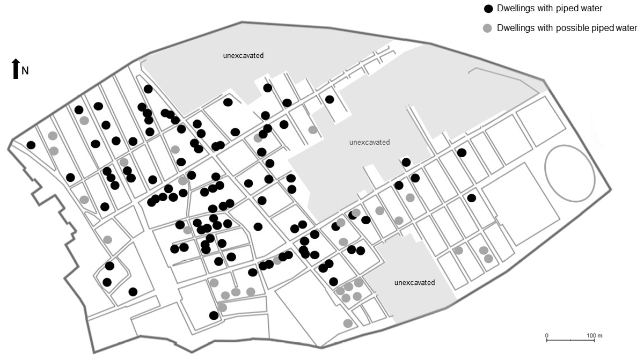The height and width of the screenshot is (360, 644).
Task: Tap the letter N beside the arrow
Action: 25,71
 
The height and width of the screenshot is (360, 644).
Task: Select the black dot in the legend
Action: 488,9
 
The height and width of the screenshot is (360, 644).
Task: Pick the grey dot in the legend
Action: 488,28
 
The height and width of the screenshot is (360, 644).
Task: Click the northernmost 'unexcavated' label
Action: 244,55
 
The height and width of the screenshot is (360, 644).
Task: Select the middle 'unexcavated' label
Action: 369,142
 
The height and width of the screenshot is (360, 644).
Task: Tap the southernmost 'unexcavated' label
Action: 414,282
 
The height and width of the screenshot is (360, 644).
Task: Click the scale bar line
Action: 569,340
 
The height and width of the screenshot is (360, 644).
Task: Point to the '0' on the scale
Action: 547,335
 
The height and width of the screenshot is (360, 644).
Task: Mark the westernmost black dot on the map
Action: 31,145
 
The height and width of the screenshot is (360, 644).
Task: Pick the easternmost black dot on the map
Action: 472,198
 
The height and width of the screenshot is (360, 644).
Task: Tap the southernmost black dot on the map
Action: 214,315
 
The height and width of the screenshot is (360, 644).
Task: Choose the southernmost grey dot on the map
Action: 348,323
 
